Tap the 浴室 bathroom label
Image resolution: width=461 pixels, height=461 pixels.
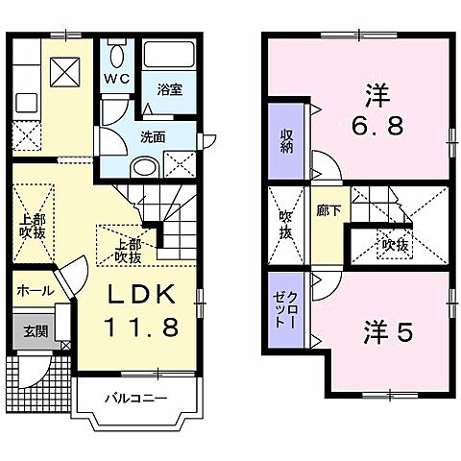pos(171,90)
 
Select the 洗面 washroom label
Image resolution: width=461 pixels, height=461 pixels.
pos(154,136)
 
